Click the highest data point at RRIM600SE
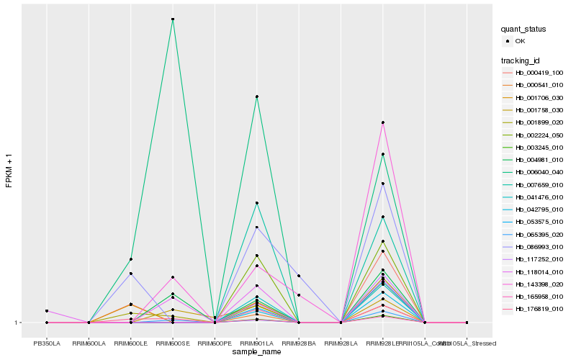point(173,19)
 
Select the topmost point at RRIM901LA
point(256,96)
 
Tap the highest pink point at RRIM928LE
point(383,122)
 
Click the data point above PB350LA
point(47,311)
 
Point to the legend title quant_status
point(523,30)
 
